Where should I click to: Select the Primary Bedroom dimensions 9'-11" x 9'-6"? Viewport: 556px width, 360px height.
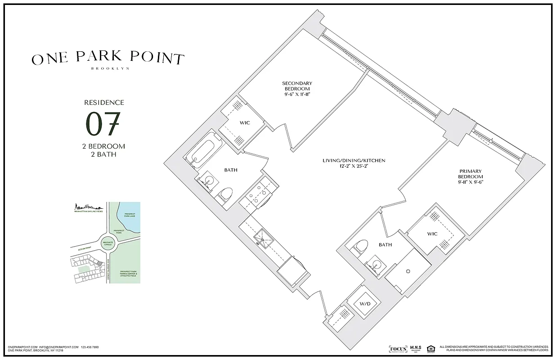471,182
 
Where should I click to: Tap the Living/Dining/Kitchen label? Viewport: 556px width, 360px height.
354,161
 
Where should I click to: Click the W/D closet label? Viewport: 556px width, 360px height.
365,304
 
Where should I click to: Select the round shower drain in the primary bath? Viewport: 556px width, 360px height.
408,271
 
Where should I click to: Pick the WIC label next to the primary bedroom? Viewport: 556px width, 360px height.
432,234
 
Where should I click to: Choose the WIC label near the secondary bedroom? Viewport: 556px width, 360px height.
245,122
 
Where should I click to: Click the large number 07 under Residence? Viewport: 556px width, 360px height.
103,124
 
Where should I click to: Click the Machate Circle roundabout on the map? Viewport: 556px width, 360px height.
108,243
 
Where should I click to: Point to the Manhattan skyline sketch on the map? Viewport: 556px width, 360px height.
89,207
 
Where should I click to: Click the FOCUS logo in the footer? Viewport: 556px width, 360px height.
398,349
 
